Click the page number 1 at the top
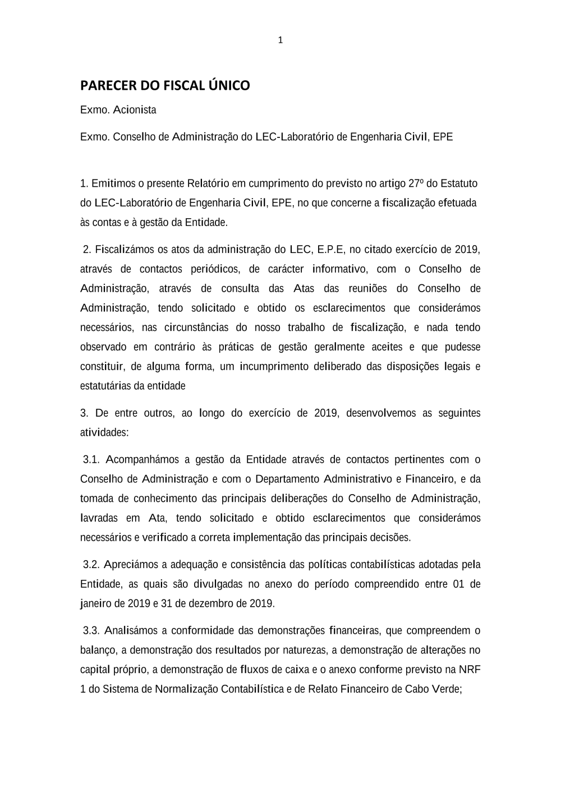coord(280,40)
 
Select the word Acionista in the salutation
coord(135,110)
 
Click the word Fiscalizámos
coord(123,250)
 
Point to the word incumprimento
coord(274,367)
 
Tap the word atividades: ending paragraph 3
coord(104,433)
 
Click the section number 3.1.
coord(91,460)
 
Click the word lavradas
coord(99,518)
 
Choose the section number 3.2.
coord(91,565)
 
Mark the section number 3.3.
coord(91,631)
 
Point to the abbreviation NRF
coord(470,670)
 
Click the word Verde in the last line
coord(446,689)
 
